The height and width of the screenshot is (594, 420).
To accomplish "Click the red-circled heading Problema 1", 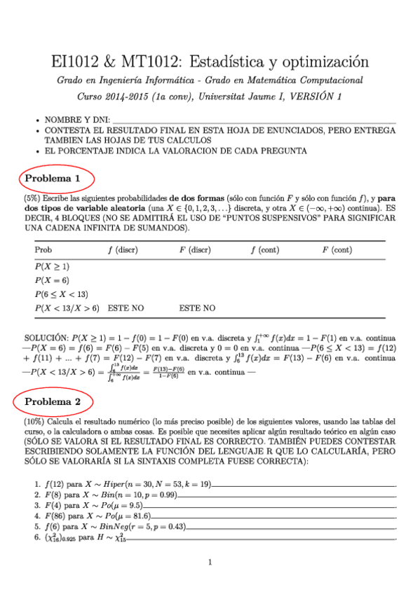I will pyautogui.click(x=53, y=179).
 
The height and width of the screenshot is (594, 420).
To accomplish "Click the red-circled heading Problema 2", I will pyautogui.click(x=53, y=401).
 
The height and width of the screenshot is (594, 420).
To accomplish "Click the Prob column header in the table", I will pyautogui.click(x=43, y=250).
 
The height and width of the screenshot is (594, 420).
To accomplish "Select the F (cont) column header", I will pyautogui.click(x=337, y=250).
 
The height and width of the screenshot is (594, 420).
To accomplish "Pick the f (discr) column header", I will pyautogui.click(x=123, y=250).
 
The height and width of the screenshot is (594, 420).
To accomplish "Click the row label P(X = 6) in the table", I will pyautogui.click(x=52, y=280).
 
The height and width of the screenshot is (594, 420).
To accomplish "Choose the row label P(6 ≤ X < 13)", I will pyautogui.click(x=60, y=293).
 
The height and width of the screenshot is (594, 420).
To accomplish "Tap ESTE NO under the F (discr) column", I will pyautogui.click(x=197, y=308).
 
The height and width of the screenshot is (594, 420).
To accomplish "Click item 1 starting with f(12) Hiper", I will pyautogui.click(x=119, y=485).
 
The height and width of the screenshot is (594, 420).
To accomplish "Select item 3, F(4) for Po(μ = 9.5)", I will pyautogui.click(x=93, y=504).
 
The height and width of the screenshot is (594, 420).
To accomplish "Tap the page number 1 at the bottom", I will pyautogui.click(x=210, y=562).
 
